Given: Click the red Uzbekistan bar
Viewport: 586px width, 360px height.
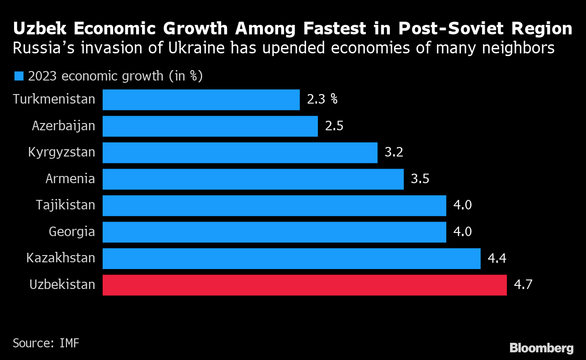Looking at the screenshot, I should click(x=304, y=285).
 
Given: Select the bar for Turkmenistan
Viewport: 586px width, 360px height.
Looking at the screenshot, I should click(x=201, y=99).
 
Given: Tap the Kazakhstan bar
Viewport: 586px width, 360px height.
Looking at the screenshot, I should click(x=291, y=259).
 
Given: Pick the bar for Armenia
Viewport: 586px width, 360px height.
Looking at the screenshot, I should click(x=253, y=179).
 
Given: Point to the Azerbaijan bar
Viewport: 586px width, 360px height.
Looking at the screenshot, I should click(x=210, y=126).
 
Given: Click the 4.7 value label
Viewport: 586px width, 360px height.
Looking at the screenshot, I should click(x=523, y=285).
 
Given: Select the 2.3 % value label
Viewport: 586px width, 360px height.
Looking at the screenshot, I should click(x=322, y=99).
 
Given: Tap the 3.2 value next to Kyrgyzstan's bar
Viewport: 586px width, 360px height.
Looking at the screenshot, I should click(x=394, y=152).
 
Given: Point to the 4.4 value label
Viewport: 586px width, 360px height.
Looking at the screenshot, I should click(x=497, y=259).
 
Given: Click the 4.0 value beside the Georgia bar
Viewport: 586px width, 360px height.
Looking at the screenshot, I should click(x=463, y=232).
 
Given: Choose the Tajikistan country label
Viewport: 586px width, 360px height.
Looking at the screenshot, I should click(x=66, y=205).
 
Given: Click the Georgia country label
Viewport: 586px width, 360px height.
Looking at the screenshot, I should click(x=72, y=232).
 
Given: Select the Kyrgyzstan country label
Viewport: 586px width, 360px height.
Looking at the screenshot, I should click(x=61, y=152).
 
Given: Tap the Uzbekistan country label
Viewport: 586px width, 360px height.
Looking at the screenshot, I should click(x=62, y=285).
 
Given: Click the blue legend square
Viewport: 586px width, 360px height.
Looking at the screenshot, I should click(x=19, y=76).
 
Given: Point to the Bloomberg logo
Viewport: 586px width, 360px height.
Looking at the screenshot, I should click(x=542, y=348).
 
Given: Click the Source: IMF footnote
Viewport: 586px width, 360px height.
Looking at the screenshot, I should click(x=46, y=343).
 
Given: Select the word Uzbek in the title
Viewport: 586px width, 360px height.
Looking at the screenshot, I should click(x=39, y=29).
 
